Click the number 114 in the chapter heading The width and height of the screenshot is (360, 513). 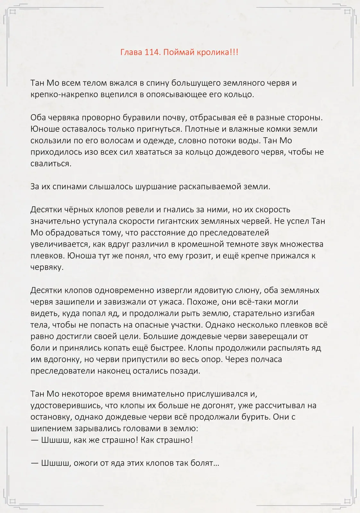coord(152,52)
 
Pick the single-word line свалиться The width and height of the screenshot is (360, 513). coord(51,164)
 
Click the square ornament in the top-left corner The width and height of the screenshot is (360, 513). coord(13,12)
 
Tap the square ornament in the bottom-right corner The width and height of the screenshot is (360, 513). coord(347,501)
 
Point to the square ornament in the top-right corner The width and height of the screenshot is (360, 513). coord(347,12)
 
